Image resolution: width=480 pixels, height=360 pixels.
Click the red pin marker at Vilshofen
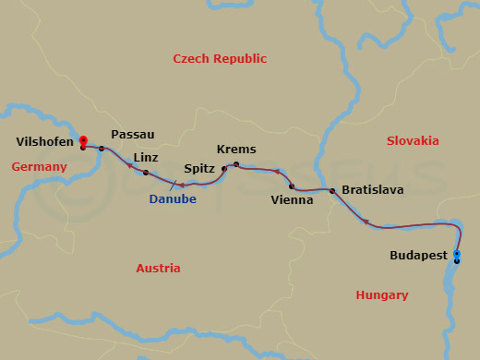click(x=83, y=141)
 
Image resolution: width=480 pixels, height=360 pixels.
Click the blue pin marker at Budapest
click(x=457, y=254)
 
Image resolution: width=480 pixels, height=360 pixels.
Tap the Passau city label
click(x=132, y=134)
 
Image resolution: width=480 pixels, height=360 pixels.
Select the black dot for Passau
click(x=102, y=149)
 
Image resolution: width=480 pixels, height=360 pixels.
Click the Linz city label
click(x=146, y=158)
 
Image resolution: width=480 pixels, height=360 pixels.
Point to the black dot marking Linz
click(x=146, y=173)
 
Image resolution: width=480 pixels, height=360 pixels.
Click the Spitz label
click(x=199, y=170)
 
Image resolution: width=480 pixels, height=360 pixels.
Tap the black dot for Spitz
click(x=224, y=168)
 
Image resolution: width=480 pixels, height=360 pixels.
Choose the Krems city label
click(x=236, y=150)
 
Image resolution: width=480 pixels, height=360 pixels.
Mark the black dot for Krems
click(x=236, y=164)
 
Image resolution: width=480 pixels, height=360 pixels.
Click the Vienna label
click(x=292, y=199)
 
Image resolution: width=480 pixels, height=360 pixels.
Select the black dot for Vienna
click(x=292, y=186)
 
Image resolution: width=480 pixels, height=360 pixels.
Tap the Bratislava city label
click(x=372, y=189)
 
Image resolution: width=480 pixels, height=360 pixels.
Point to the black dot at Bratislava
click(x=332, y=190)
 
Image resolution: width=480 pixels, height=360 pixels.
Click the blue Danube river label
click(x=173, y=198)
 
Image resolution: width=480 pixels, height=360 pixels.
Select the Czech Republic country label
click(x=220, y=59)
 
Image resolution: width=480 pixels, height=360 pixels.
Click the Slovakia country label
click(x=412, y=141)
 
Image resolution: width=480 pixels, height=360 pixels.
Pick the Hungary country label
click(x=381, y=295)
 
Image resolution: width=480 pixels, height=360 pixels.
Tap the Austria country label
click(x=158, y=269)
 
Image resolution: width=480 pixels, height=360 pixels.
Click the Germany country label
click(x=40, y=167)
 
